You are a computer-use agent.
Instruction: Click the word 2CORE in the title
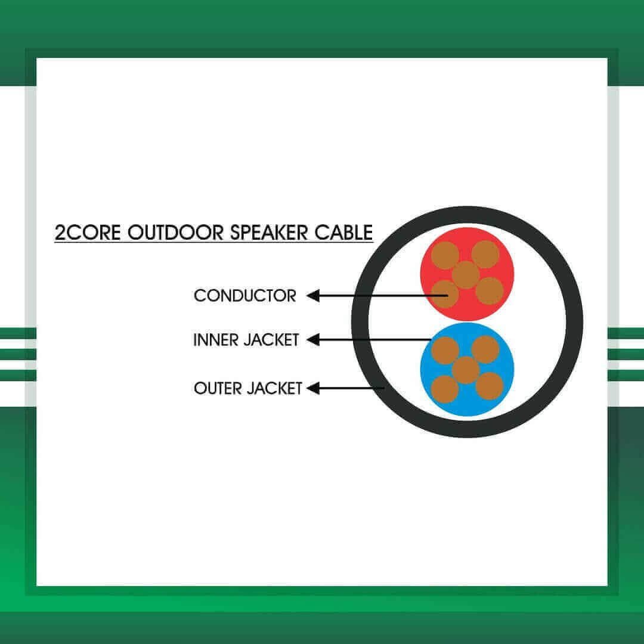point(88,233)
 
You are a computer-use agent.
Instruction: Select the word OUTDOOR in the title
point(176,233)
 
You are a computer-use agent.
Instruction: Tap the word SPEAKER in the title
point(268,233)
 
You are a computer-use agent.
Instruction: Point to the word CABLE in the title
point(344,233)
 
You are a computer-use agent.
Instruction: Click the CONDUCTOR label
point(245,296)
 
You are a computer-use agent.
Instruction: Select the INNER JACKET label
point(246,340)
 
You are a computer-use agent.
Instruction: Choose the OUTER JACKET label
point(248,388)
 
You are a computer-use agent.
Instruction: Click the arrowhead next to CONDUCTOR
point(313,296)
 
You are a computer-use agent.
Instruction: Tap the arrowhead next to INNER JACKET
point(313,340)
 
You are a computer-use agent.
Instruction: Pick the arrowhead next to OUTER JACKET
point(313,388)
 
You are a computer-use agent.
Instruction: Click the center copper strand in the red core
point(466,275)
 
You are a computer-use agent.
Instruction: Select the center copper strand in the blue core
point(466,370)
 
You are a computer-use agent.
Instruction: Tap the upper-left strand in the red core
point(445,255)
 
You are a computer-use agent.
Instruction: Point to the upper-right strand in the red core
point(485,254)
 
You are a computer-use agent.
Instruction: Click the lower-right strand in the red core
point(490,291)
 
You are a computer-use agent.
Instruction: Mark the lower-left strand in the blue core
point(445,389)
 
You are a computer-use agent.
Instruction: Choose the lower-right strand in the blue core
point(490,386)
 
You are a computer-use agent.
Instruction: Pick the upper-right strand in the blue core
point(485,349)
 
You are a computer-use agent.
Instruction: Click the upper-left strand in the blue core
point(445,351)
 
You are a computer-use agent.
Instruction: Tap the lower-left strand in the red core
point(445,293)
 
